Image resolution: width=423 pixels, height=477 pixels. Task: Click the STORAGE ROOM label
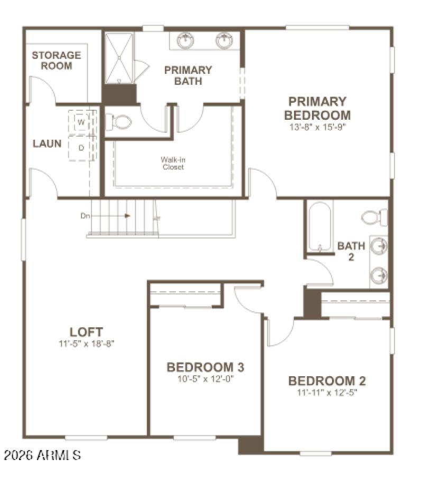(x=57, y=60)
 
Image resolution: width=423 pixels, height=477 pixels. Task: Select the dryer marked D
(x=81, y=148)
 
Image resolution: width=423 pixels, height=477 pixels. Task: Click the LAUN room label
(x=47, y=144)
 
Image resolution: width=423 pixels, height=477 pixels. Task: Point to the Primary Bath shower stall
(x=119, y=58)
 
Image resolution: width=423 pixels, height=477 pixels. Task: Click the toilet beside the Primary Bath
(x=119, y=122)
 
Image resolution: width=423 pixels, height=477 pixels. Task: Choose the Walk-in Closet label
(x=172, y=163)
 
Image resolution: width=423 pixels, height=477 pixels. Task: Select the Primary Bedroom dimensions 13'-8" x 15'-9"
(x=317, y=127)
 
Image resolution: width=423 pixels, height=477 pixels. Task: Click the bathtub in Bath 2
(x=320, y=226)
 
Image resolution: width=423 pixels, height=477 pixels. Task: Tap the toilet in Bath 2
(x=374, y=217)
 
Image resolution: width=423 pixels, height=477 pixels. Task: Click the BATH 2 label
(x=351, y=251)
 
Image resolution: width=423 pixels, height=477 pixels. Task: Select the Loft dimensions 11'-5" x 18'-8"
(x=86, y=343)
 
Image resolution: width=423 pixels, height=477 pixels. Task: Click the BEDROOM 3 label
(x=205, y=367)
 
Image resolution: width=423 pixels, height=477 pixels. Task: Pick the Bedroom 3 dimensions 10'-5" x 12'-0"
(x=205, y=378)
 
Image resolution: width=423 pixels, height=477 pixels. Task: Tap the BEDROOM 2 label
(x=327, y=381)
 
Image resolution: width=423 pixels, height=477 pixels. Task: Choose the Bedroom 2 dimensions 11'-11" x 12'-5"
(x=327, y=393)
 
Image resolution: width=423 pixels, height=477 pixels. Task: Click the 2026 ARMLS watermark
(x=42, y=454)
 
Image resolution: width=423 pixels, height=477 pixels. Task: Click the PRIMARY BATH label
(x=188, y=75)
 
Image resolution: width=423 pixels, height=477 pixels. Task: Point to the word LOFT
(x=86, y=332)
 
